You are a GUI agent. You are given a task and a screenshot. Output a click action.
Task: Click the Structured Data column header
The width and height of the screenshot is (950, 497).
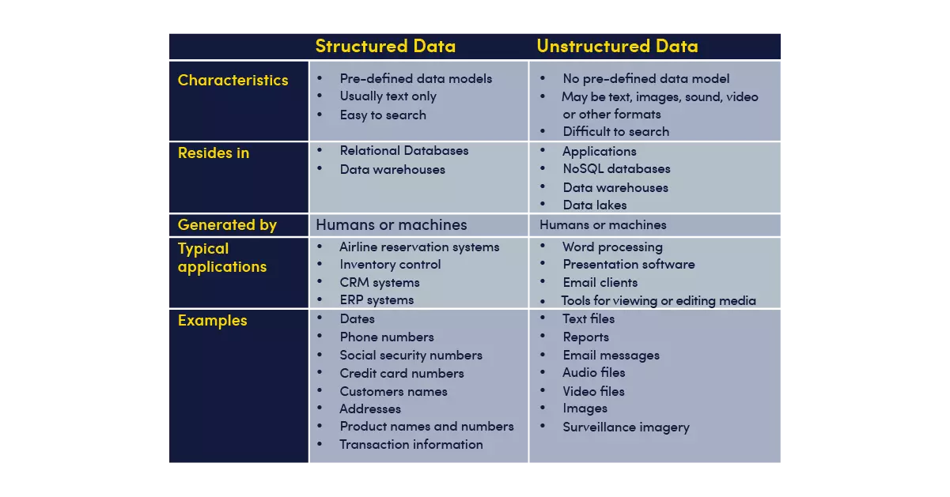(385, 46)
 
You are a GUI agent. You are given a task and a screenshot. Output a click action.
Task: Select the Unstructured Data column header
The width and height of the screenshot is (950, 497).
(617, 46)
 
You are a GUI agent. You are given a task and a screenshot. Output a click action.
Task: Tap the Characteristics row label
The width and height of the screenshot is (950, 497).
(233, 80)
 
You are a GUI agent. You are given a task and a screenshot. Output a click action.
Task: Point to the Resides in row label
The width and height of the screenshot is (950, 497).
(214, 152)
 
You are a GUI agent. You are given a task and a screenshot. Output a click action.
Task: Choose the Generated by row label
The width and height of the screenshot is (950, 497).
(227, 225)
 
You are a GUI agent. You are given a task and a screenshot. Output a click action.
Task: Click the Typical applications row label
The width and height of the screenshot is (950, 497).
(222, 258)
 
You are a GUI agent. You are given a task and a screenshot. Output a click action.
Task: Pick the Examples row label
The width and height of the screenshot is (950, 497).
(212, 321)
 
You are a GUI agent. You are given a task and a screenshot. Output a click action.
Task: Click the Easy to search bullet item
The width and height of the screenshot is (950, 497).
(383, 115)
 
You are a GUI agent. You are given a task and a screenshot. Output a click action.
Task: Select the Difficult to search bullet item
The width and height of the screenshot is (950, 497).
(616, 132)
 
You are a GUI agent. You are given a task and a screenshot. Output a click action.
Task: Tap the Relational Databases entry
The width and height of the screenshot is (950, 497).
(403, 150)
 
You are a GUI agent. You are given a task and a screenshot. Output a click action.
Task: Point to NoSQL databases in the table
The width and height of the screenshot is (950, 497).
(616, 168)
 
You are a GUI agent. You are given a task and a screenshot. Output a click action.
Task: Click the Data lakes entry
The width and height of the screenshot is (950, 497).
(595, 205)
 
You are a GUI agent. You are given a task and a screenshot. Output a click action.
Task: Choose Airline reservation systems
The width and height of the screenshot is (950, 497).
(419, 247)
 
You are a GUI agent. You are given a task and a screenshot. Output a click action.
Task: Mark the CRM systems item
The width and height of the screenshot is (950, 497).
(379, 283)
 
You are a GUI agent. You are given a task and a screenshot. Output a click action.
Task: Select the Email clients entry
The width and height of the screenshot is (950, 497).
(600, 283)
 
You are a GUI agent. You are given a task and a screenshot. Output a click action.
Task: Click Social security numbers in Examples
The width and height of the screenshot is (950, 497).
(411, 355)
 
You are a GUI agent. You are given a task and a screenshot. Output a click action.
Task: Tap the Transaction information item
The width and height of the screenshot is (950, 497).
(411, 445)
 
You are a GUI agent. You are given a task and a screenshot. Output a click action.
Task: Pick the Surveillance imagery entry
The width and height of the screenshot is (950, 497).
(626, 427)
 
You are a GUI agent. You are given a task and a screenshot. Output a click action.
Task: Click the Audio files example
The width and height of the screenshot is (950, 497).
(594, 372)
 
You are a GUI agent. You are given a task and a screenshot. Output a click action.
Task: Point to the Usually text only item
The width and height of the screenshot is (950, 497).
(388, 96)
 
